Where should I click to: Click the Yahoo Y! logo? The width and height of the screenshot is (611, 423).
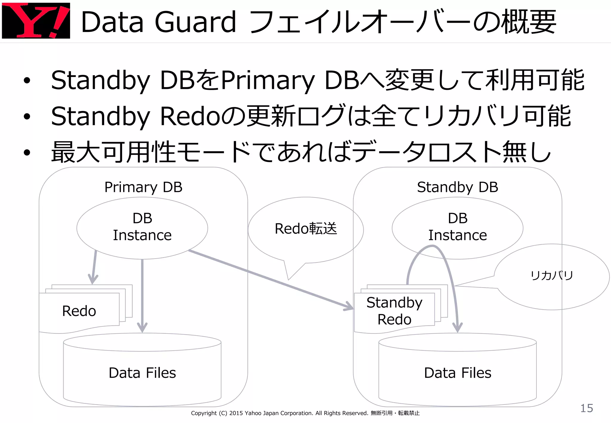36,20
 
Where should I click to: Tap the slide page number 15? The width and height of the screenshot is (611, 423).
586,408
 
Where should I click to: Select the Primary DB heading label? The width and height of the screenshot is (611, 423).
143,187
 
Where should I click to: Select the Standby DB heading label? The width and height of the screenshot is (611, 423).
457,187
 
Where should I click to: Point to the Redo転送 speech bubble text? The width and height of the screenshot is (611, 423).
305,229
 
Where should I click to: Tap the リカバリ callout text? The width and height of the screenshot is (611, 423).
552,275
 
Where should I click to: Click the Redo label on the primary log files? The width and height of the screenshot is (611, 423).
79,311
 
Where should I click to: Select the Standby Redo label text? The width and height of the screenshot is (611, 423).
394,311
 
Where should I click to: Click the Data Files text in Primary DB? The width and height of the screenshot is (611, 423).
142,373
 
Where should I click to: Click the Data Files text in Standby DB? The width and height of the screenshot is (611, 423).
457,373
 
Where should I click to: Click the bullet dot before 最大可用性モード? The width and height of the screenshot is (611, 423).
27,153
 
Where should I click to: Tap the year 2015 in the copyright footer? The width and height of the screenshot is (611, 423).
236,413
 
